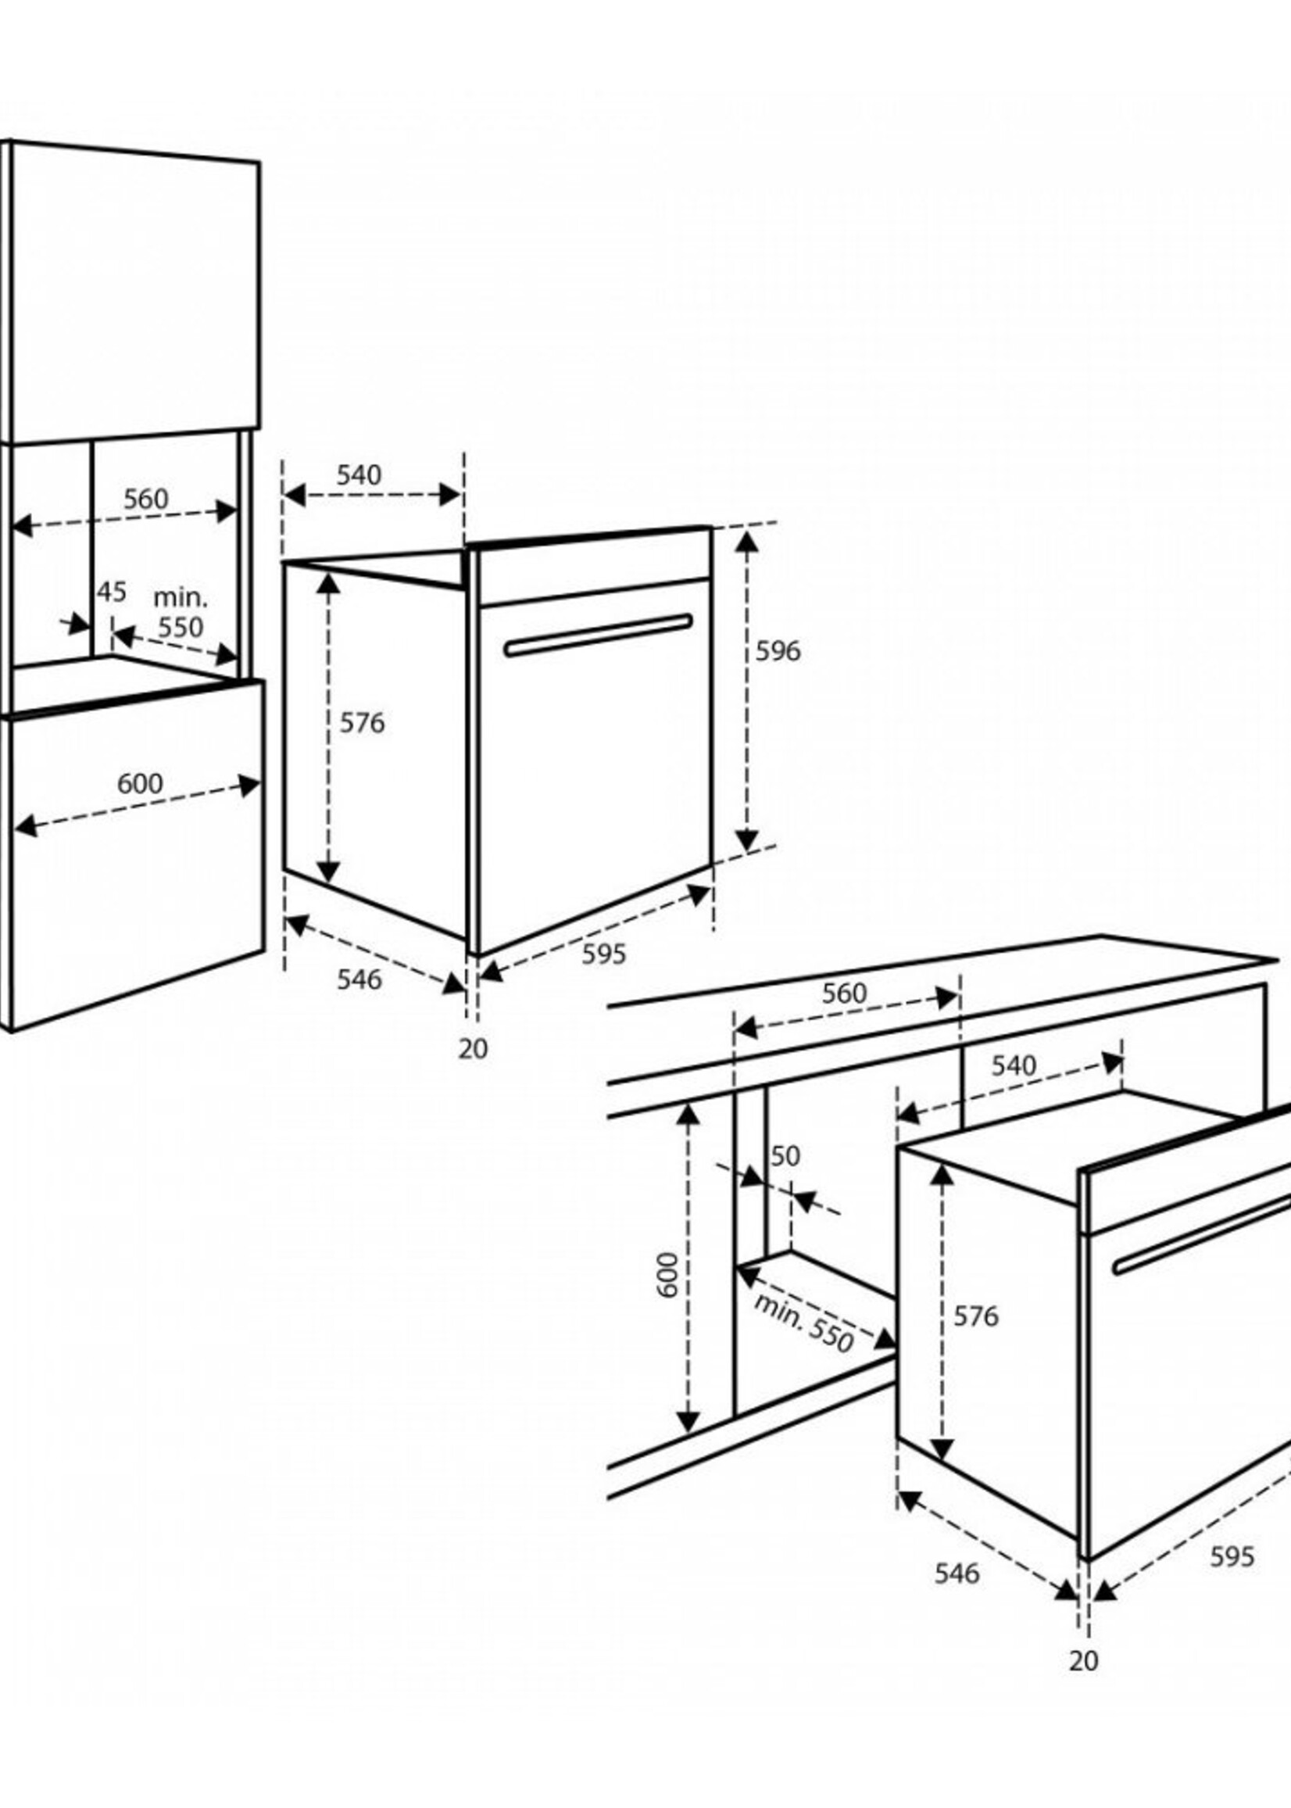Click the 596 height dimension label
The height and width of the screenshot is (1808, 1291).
778,651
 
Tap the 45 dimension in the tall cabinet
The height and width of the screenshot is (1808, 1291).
111,592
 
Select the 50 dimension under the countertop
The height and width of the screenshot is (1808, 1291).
785,1156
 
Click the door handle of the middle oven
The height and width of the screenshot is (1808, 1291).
598,635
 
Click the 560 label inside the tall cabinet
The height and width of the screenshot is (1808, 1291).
146,499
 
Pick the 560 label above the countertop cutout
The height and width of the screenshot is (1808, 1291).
844,993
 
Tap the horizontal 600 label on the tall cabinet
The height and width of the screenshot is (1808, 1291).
140,783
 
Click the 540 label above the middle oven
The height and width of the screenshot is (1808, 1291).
359,474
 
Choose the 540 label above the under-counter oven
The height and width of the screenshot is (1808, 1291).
1014,1065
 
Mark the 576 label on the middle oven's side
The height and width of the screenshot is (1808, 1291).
363,723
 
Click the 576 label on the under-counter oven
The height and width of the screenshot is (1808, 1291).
975,1316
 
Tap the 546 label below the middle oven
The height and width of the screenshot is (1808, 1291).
359,979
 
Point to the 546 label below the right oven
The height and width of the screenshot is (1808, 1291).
957,1573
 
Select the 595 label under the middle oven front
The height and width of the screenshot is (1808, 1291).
604,954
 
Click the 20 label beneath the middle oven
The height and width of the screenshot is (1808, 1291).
473,1049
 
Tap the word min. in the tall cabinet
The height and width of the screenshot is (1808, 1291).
181,597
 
